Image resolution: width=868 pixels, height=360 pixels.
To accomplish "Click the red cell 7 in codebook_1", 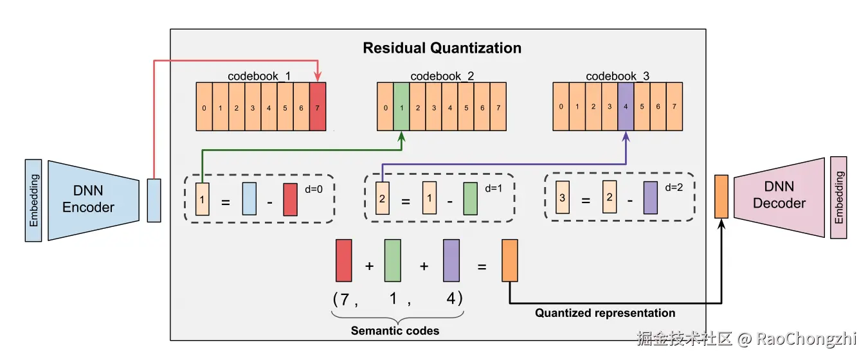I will pos(317,107).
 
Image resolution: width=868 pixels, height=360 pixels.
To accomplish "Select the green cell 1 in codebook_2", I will pos(401,107).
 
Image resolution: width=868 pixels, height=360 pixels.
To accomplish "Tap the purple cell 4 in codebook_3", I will pos(626,106).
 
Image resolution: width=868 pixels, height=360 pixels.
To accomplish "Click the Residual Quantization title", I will pos(442,48).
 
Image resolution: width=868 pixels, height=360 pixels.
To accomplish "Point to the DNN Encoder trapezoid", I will pos(93,199).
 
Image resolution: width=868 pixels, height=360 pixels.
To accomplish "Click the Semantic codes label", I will pos(395,331).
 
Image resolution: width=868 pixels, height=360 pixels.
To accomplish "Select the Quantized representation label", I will pos(605,313).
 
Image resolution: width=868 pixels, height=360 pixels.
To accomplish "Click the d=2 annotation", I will pos(673,188).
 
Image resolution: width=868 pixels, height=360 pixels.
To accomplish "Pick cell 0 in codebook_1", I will pos(204,107).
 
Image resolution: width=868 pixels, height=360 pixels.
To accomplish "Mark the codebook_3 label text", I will pos(617,76).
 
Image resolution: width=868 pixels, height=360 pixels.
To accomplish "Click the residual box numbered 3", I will pos(562,198).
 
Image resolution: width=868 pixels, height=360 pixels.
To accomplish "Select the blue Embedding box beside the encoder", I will pos(33,200).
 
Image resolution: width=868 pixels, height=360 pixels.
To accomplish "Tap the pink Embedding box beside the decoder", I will pos(838,197).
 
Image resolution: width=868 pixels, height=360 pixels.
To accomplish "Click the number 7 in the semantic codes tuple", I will pos(345,300).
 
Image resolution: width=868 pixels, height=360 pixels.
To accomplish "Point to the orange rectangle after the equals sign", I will pos(509,260).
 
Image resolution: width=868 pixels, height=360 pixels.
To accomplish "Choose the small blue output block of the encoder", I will pos(154,201).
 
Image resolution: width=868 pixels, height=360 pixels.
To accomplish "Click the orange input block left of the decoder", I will pos(721,196).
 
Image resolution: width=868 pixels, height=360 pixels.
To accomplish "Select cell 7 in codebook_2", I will pos(498,107).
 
